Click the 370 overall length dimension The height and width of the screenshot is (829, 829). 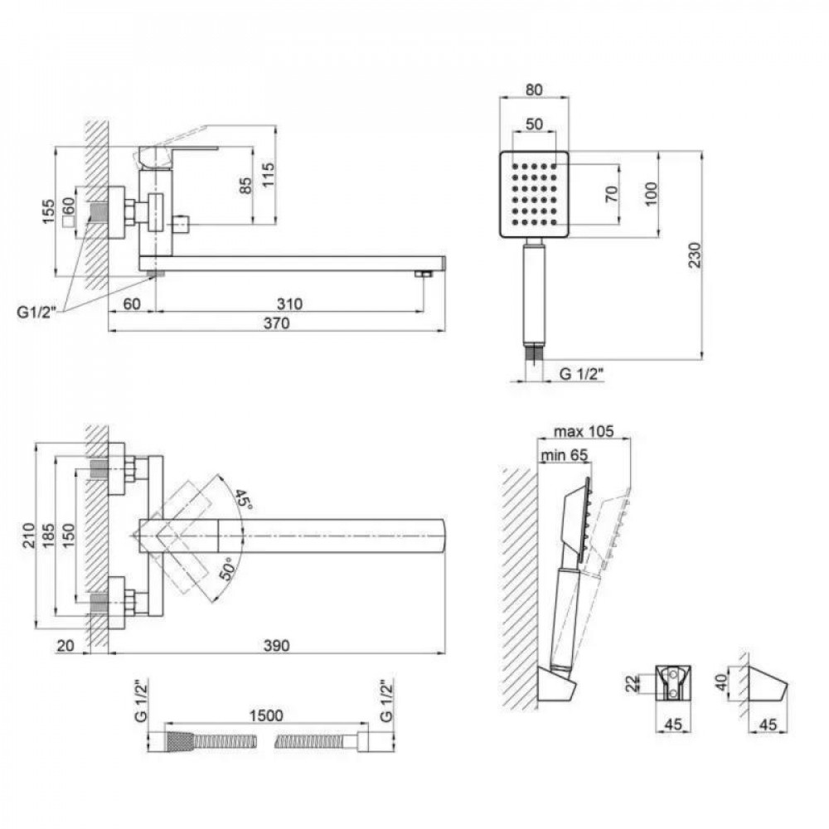(x=276, y=324)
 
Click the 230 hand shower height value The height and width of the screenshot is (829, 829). (x=694, y=255)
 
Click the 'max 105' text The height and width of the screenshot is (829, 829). (x=584, y=430)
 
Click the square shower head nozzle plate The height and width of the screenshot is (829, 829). (x=536, y=196)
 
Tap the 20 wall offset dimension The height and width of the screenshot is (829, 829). (x=66, y=646)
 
